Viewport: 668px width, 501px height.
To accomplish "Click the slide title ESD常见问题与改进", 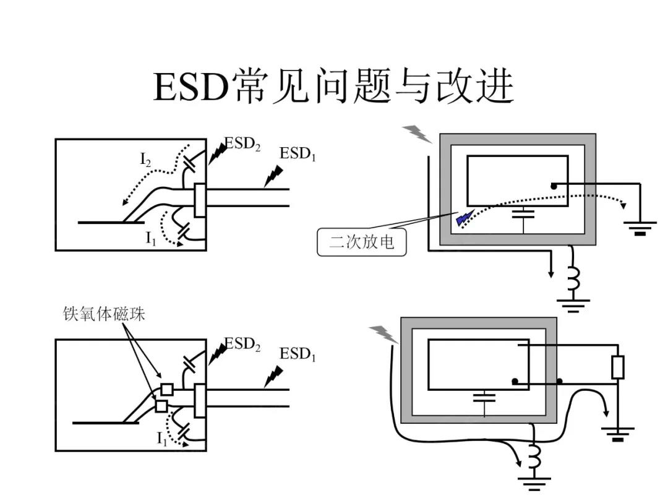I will click(333, 87).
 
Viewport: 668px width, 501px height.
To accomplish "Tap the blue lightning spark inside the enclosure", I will click(464, 217).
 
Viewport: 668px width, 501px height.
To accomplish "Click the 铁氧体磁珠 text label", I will click(104, 314).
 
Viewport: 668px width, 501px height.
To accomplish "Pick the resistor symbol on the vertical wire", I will click(617, 367).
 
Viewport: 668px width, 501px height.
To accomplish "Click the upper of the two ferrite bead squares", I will click(166, 390).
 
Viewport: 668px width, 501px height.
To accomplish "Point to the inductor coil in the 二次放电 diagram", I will click(573, 279).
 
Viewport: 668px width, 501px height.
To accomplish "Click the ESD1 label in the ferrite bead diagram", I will click(298, 354).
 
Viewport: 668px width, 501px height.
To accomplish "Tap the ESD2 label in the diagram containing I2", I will click(242, 143).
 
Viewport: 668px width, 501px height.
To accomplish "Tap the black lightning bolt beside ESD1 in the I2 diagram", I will click(272, 176).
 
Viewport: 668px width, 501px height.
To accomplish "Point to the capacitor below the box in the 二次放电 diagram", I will click(524, 213).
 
